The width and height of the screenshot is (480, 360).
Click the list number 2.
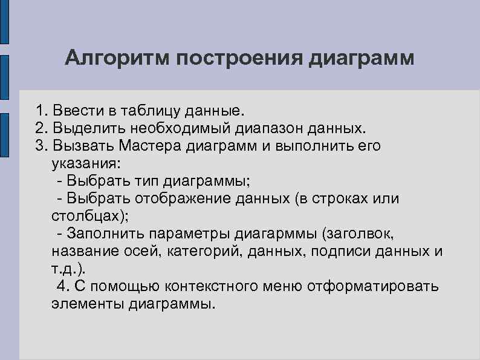click(x=40, y=128)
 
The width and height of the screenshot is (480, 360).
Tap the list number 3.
click(x=40, y=146)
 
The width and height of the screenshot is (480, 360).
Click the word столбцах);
click(x=90, y=216)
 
